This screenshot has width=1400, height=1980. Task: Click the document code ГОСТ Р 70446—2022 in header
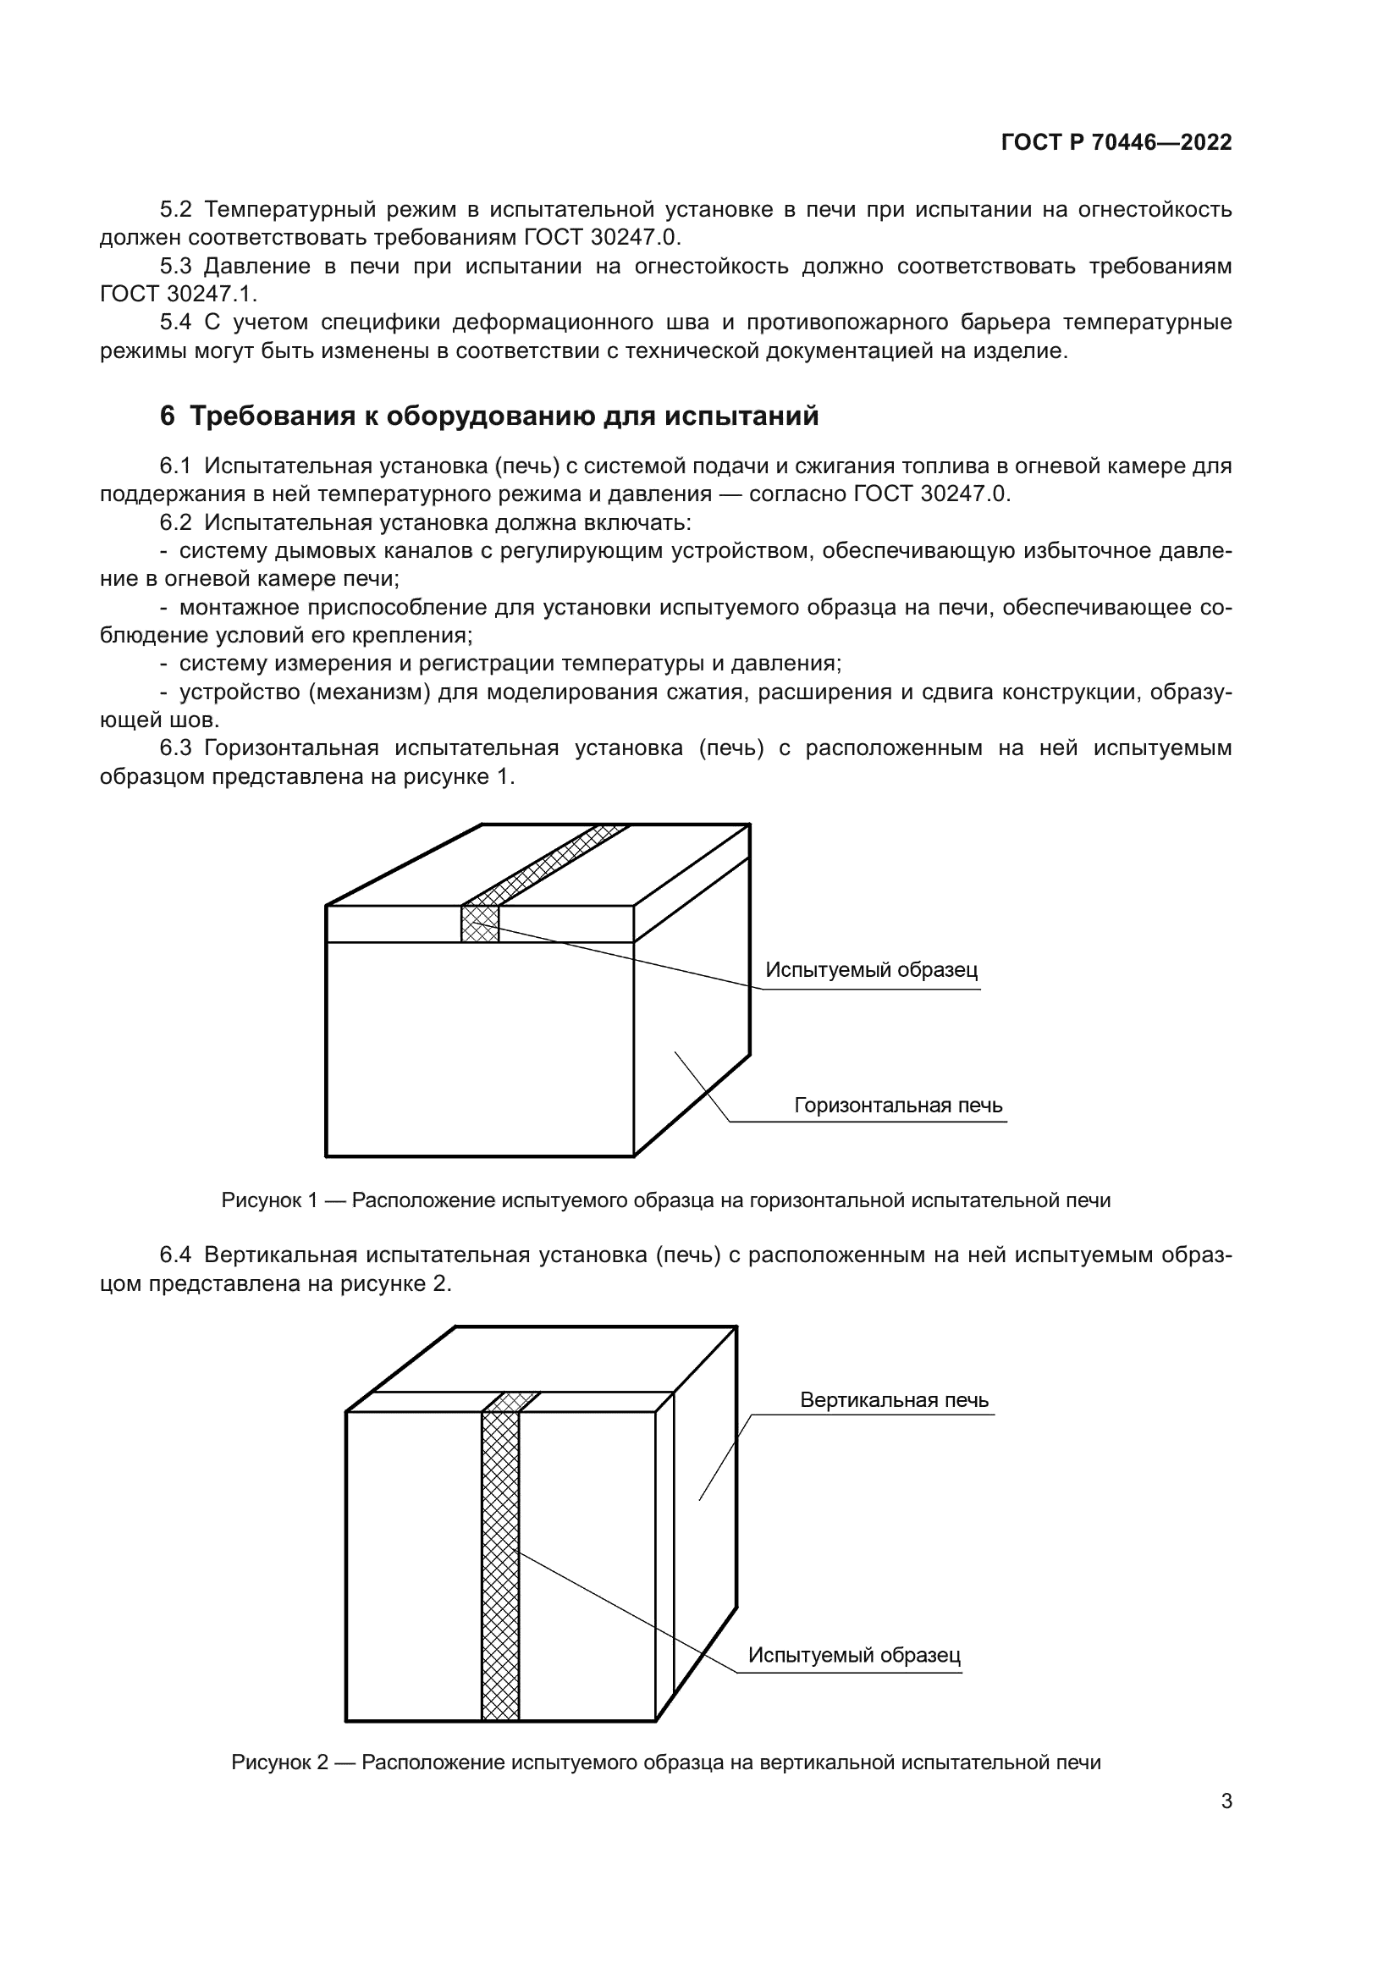[x=1116, y=142]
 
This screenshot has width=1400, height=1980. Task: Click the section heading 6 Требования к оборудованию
[x=488, y=416]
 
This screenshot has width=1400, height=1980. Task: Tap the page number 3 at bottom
[x=1226, y=1801]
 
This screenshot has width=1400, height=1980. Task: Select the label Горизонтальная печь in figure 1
[x=898, y=1106]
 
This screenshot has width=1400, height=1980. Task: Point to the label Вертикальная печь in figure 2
[x=894, y=1399]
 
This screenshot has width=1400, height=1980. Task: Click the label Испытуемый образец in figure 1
[x=872, y=970]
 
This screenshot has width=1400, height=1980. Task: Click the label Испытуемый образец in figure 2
[x=853, y=1655]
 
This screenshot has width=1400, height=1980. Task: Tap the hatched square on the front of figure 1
[x=480, y=924]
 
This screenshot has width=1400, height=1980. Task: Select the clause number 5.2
[x=175, y=210]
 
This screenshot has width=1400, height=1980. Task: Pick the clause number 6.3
[x=175, y=747]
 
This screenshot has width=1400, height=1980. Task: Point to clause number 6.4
[x=175, y=1255]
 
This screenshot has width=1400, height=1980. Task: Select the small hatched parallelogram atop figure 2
[x=511, y=1401]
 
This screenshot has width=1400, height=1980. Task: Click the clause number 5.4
[x=175, y=323]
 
